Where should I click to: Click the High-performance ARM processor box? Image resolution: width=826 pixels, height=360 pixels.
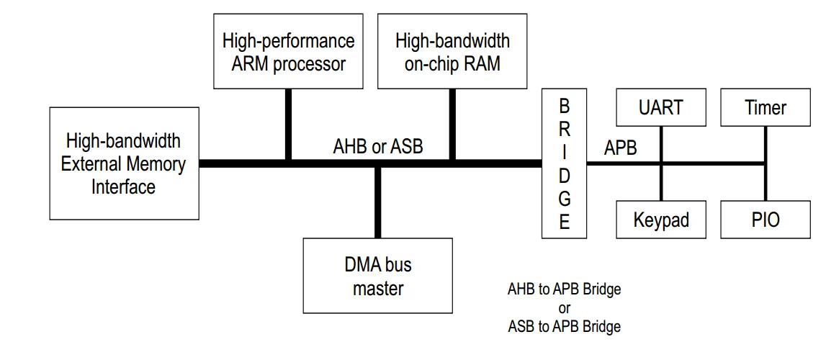click(x=288, y=52)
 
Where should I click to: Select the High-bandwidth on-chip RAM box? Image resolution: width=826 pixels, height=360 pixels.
click(x=452, y=52)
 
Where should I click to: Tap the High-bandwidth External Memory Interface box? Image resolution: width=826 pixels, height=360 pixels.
click(x=124, y=163)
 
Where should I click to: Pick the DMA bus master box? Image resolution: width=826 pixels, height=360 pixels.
click(x=378, y=276)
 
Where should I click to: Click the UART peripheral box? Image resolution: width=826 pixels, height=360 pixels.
click(x=660, y=108)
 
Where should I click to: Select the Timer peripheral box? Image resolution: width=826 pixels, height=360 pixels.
click(x=765, y=108)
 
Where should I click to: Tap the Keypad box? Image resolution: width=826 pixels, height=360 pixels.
click(x=660, y=220)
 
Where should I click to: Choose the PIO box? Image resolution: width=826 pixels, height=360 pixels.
click(x=765, y=220)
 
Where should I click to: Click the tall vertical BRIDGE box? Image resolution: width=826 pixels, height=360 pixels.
click(x=564, y=163)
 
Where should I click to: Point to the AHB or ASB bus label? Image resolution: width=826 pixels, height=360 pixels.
click(x=378, y=147)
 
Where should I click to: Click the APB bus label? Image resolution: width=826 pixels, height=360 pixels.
click(x=620, y=148)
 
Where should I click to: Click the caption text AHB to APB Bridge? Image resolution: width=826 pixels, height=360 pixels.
click(x=564, y=289)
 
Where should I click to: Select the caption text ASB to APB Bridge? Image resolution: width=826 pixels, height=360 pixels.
click(x=564, y=326)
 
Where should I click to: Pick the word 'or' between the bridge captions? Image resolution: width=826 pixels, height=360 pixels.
click(x=564, y=308)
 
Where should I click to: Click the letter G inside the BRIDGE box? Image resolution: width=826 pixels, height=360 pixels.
click(x=564, y=198)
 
